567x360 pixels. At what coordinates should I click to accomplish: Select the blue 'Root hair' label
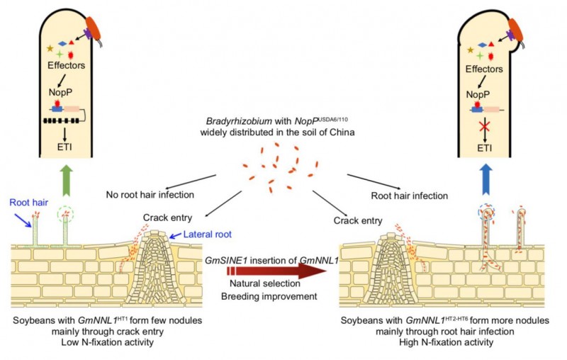click(28, 202)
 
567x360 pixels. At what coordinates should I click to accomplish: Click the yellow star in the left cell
click(50, 49)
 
